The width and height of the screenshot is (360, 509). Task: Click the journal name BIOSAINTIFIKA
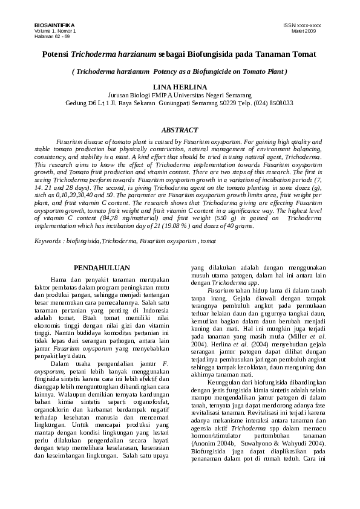coord(51,25)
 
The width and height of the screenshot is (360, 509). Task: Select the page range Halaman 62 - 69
coord(51,36)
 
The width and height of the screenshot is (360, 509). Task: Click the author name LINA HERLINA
coord(180,88)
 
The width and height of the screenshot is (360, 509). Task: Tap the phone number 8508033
coord(280,103)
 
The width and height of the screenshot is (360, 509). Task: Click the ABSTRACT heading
coord(180,131)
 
